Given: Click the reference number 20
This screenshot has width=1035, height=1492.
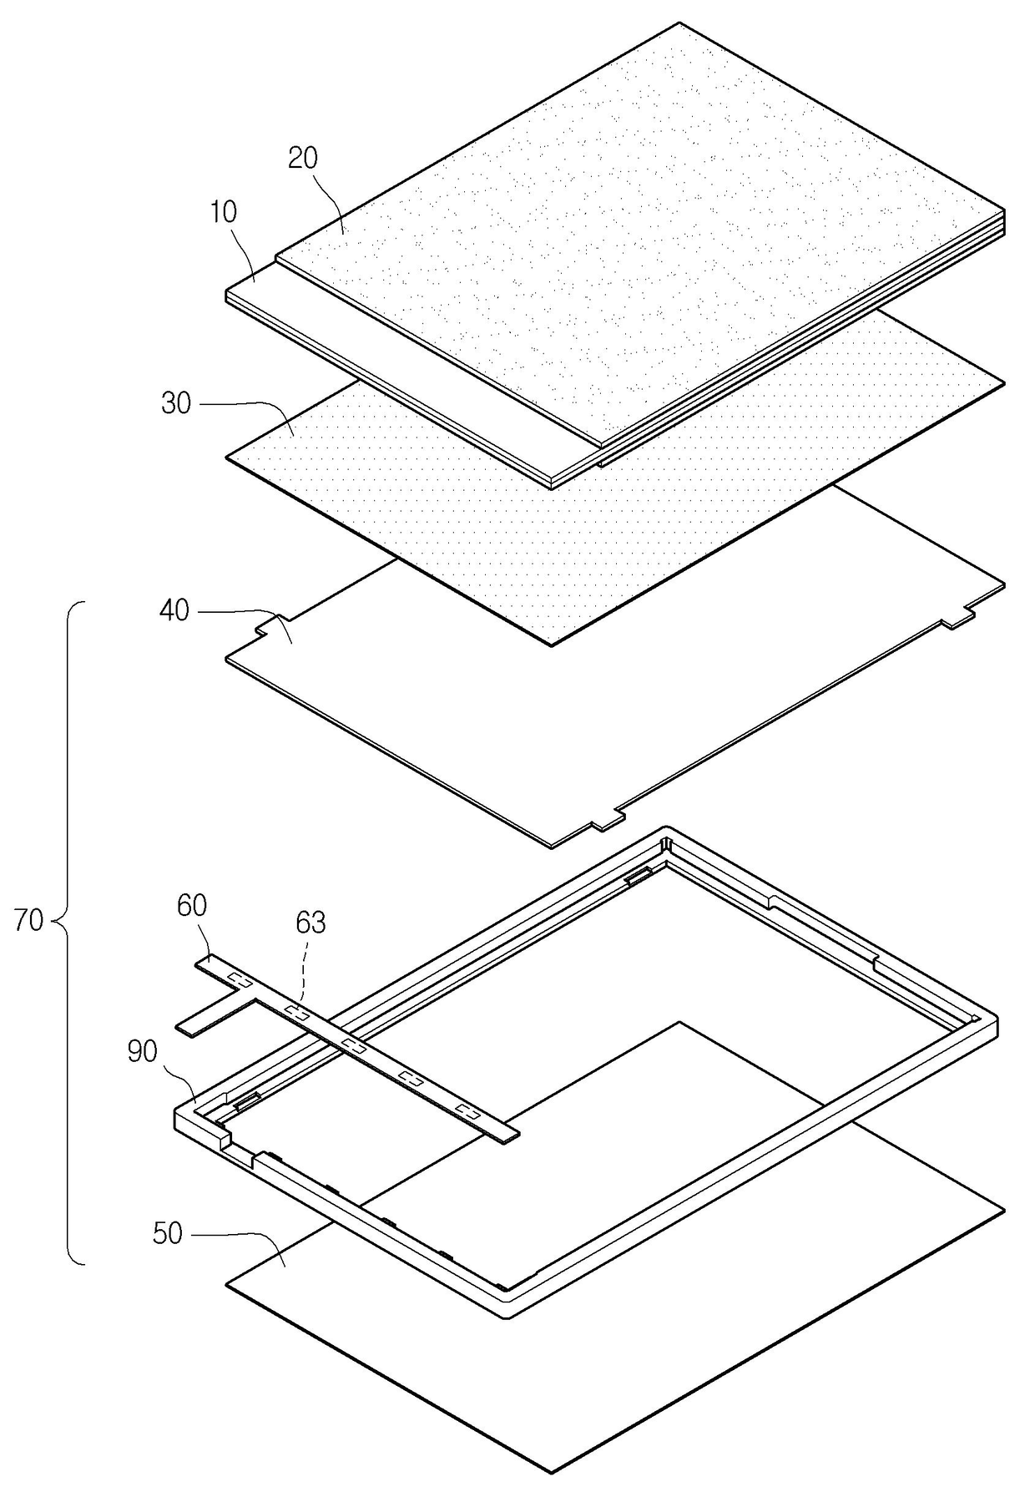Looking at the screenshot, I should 303,158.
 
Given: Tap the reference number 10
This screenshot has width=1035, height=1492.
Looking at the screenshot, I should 223,212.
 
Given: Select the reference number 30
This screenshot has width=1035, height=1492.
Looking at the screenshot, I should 176,404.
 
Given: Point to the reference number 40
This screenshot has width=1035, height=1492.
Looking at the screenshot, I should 174,611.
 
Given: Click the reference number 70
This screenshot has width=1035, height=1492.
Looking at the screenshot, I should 28,921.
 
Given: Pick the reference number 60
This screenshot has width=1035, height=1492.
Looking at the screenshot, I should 192,905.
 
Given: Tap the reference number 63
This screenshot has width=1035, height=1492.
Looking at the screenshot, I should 310,923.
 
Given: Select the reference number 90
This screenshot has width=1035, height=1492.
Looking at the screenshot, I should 142,1052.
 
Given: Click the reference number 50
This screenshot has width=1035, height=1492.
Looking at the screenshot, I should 168,1233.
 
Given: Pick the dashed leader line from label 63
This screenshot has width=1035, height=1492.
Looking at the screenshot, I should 305,969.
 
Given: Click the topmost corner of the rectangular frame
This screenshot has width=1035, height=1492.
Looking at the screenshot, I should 665,831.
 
